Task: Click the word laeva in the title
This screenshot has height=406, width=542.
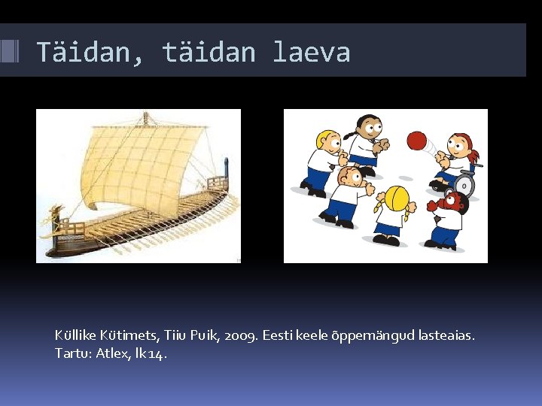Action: pos(311,53)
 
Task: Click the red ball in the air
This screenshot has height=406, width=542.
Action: pos(416,141)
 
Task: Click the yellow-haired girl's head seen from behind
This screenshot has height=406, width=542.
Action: pos(396,198)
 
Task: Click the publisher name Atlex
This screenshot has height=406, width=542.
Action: pos(114,353)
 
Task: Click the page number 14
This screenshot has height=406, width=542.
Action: pos(158,353)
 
